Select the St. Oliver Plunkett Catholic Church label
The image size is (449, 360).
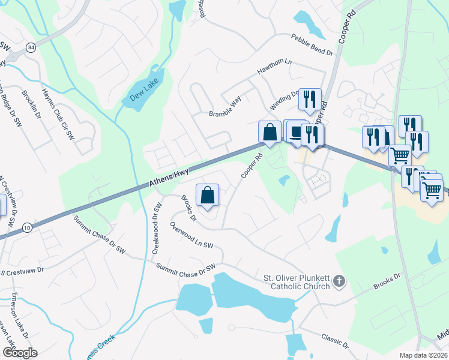(x=297, y=282)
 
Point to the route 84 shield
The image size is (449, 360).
(x=31, y=47)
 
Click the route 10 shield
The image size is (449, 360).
(x=28, y=227)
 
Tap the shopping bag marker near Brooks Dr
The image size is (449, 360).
(x=207, y=195)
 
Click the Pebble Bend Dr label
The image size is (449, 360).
(x=312, y=45)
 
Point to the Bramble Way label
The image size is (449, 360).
(x=224, y=106)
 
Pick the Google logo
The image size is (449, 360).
(x=19, y=353)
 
